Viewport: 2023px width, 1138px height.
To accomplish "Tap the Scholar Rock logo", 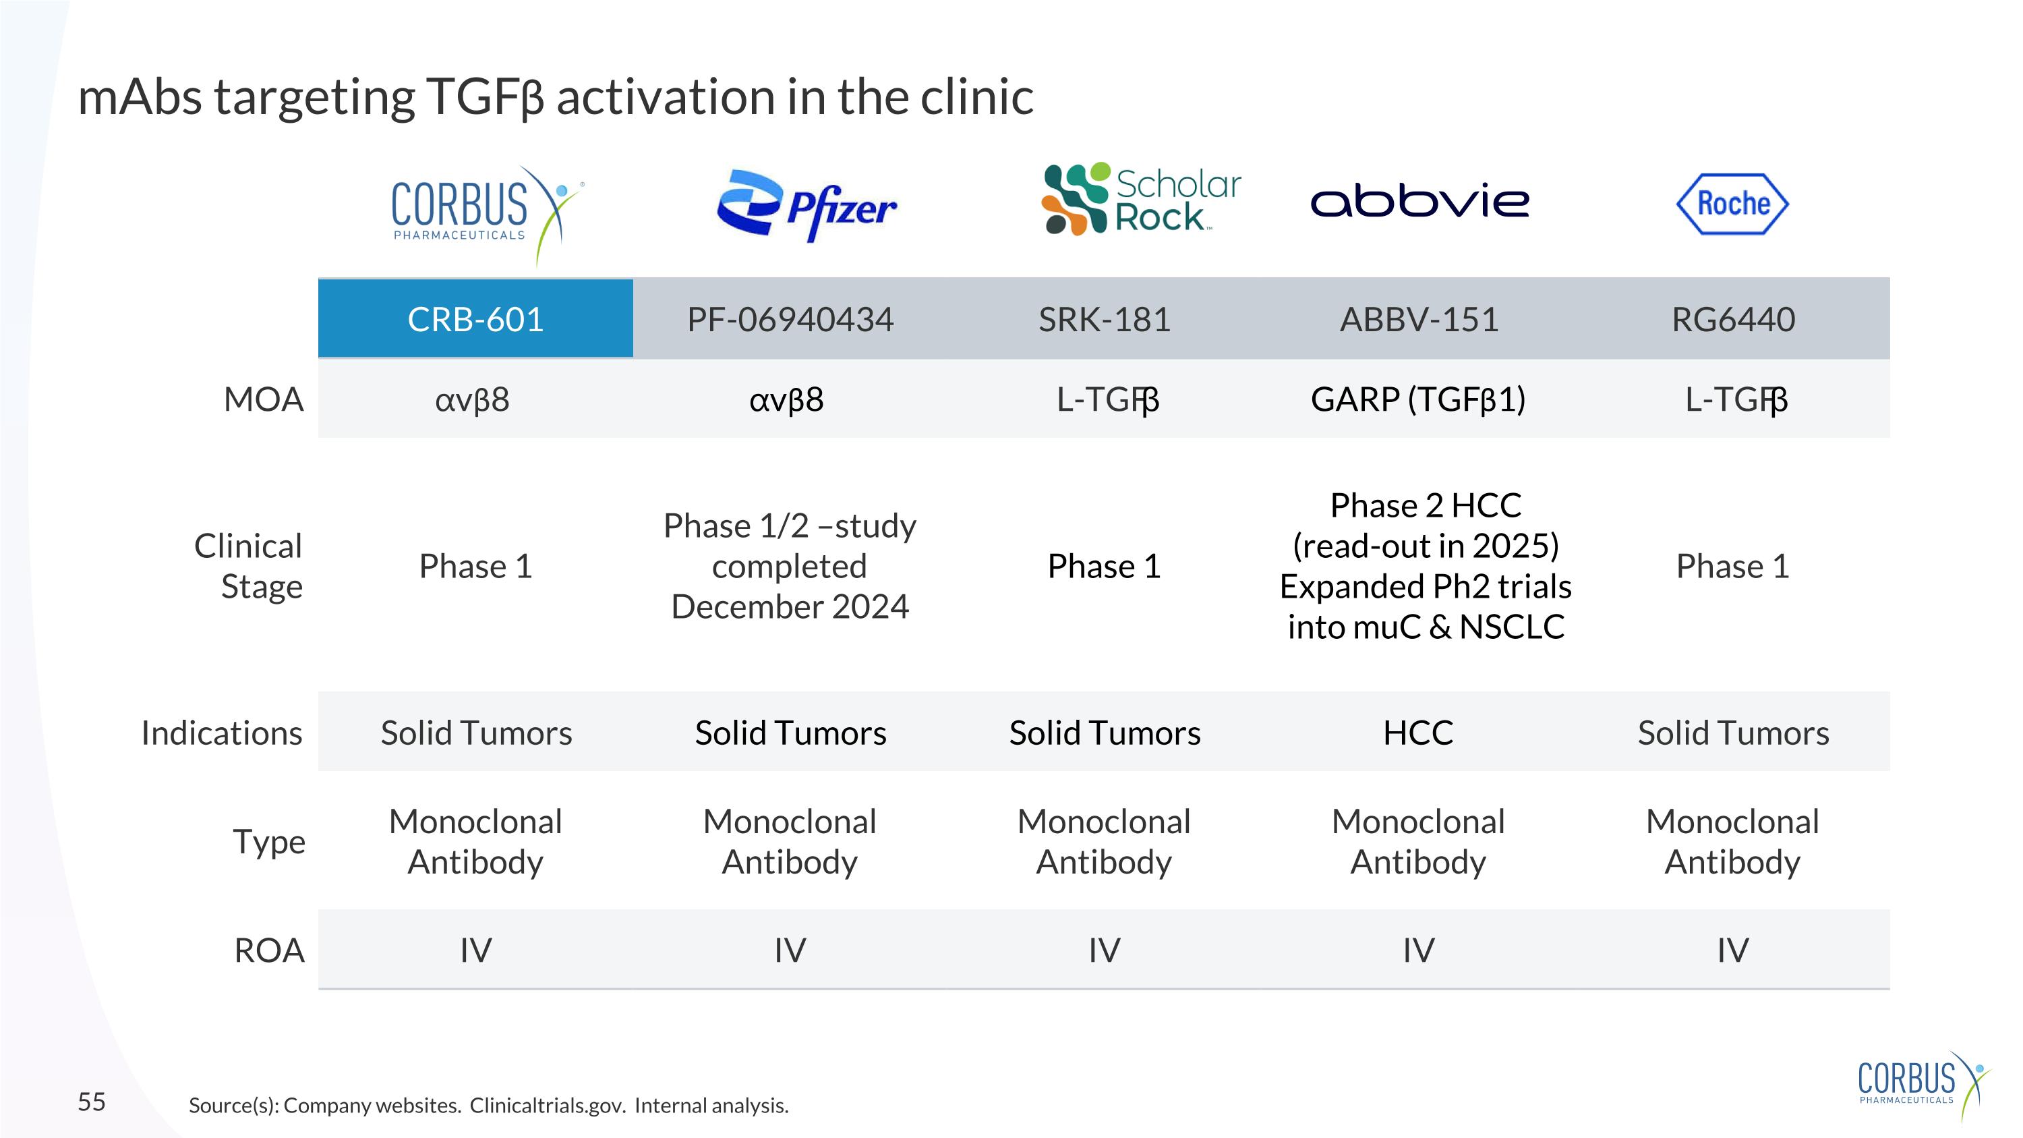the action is tap(1141, 200).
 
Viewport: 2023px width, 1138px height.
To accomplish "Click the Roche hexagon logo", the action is tap(1732, 204).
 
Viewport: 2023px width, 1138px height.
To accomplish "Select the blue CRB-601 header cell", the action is tap(475, 319).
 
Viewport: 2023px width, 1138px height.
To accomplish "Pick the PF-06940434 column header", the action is tap(790, 320).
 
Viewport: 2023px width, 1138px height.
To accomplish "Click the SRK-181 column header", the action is tap(1104, 320).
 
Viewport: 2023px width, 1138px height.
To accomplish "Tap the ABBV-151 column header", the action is tap(1419, 320).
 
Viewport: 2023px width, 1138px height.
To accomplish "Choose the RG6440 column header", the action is tap(1733, 320).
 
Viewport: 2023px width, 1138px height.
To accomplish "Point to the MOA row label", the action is tap(263, 400).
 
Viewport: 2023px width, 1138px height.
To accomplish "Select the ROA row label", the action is tap(268, 950).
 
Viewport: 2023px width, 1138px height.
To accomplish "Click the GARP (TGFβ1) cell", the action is tap(1418, 400).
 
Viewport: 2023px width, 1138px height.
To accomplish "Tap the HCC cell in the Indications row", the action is tap(1418, 733).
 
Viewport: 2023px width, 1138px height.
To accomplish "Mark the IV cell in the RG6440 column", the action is tap(1733, 950).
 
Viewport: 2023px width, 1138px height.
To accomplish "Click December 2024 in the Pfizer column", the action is tap(790, 607).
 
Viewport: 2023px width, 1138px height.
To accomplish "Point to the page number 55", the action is tap(91, 1102).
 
